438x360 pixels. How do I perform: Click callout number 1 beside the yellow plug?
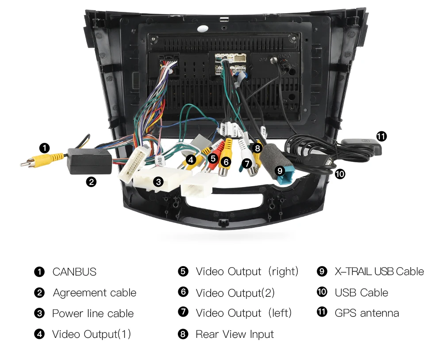pos(44,148)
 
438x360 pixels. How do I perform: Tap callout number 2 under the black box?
pos(91,181)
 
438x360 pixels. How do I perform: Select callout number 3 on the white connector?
pos(158,181)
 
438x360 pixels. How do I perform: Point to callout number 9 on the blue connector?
pos(279,170)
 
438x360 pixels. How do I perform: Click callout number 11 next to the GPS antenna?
pos(381,137)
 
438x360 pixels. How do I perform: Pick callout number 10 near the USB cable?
pos(339,174)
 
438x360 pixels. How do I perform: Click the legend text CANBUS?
pos(74,272)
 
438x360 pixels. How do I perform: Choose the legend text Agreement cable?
pos(95,293)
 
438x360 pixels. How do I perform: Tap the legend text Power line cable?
pos(93,314)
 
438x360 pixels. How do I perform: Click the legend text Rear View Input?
pos(234,334)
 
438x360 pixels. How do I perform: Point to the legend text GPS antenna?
pos(367,313)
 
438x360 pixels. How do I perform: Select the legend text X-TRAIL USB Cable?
pos(379,272)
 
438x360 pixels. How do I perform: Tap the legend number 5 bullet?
pos(183,271)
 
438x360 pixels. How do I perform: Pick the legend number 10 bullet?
pos(322,292)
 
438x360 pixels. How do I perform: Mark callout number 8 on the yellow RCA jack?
pos(257,149)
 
